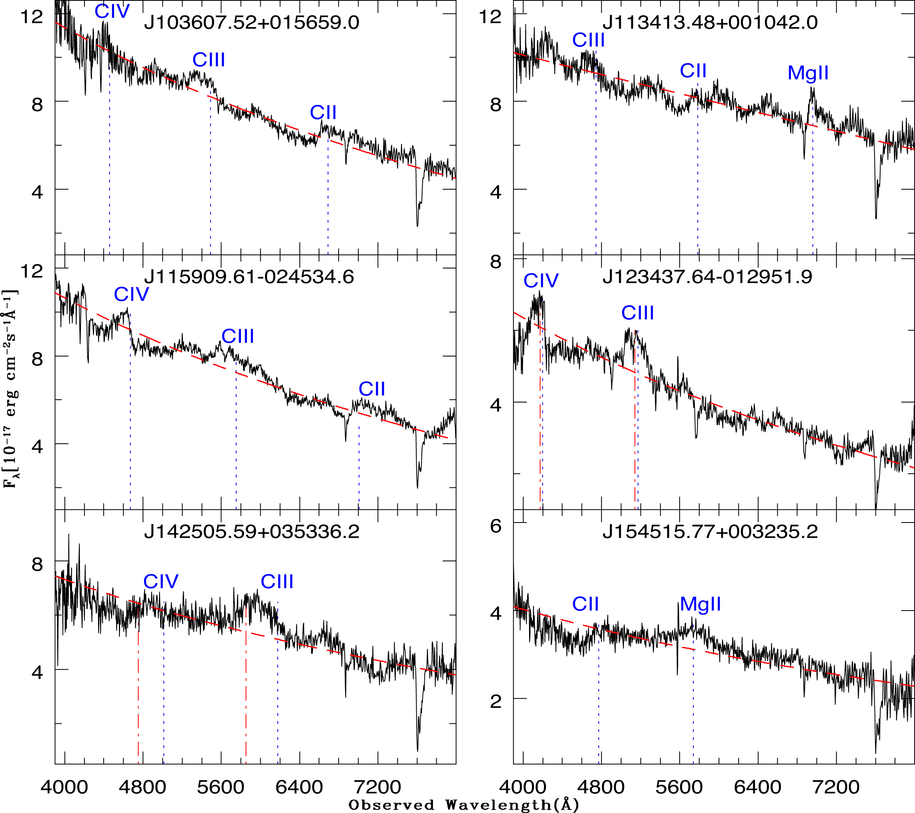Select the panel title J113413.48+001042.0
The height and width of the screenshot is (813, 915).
(x=710, y=22)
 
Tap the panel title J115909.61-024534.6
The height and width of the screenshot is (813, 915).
(x=249, y=277)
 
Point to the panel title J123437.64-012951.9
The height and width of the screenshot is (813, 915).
(x=707, y=277)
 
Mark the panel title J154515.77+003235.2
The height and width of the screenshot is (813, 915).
(x=710, y=532)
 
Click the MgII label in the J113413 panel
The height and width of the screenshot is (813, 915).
(x=808, y=73)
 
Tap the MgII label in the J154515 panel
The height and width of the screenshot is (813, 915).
(x=700, y=605)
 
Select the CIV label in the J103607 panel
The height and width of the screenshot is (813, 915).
(x=112, y=12)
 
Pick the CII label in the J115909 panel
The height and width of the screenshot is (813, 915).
(x=371, y=389)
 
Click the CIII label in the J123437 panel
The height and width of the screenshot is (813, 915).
(x=638, y=313)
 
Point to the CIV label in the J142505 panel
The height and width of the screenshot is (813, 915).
(x=161, y=582)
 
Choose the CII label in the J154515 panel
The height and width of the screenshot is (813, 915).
(x=585, y=605)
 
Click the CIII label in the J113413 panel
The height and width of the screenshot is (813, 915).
(x=588, y=40)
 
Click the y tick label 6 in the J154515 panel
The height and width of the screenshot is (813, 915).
(x=496, y=526)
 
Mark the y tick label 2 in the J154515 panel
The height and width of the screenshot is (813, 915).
(x=496, y=701)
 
